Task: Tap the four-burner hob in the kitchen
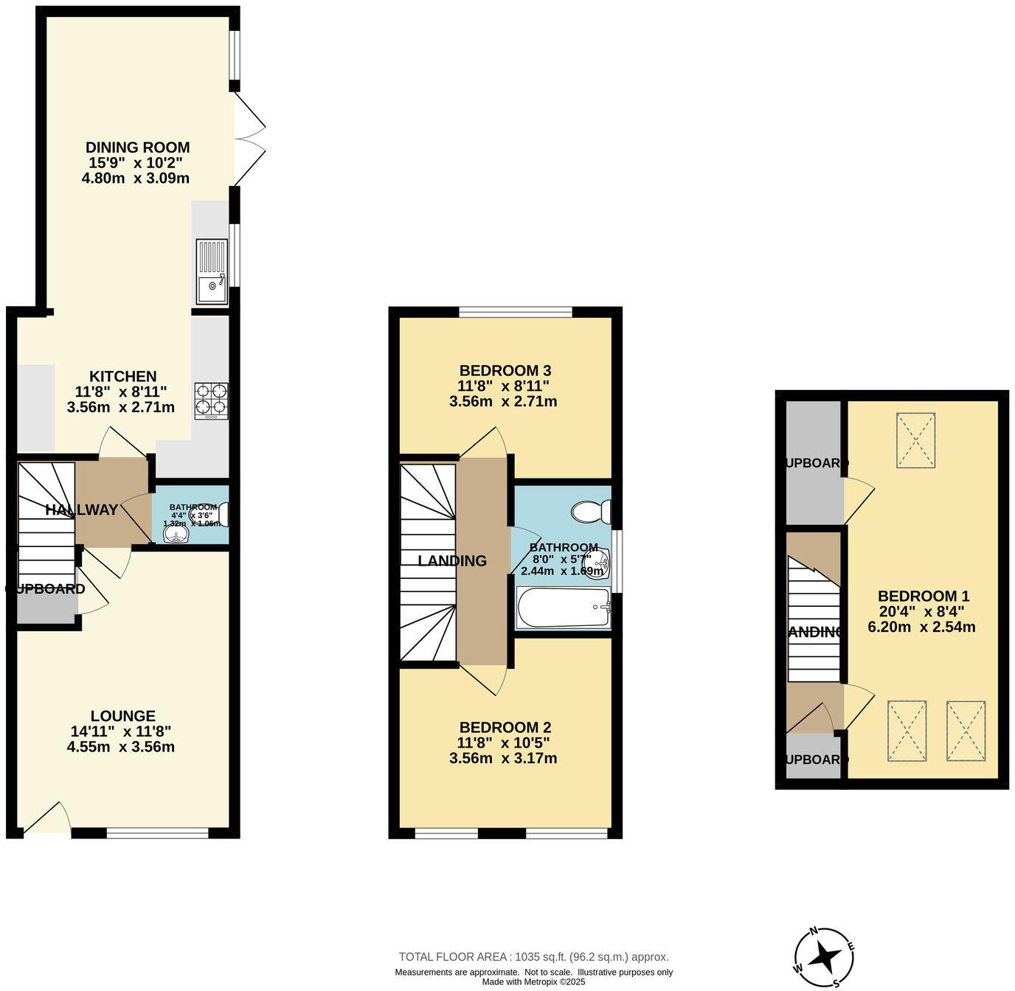[x=212, y=400]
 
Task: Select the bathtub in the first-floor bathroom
[x=564, y=608]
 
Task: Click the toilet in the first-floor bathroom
[x=592, y=511]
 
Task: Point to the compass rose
[x=825, y=957]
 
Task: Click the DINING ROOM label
[x=137, y=147]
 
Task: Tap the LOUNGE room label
[x=122, y=716]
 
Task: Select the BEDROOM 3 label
[x=505, y=371]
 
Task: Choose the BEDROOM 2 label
[x=505, y=728]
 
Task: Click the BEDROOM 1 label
[x=923, y=596]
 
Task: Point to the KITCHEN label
[x=122, y=376]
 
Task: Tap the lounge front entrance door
[x=47, y=820]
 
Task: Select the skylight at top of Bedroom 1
[x=915, y=440]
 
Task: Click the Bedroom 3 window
[x=515, y=313]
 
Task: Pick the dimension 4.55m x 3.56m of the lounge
[x=121, y=747]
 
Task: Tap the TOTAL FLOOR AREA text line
[x=533, y=957]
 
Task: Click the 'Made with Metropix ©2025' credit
[x=533, y=981]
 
